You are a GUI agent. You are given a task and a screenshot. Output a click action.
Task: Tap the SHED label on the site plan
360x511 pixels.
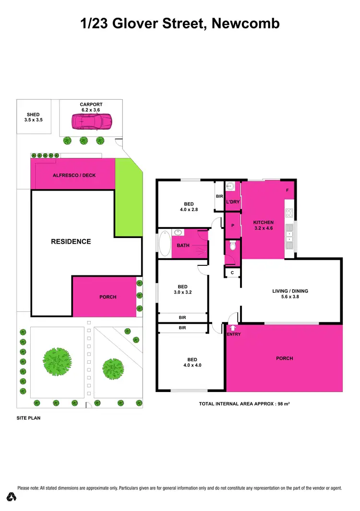click(x=34, y=115)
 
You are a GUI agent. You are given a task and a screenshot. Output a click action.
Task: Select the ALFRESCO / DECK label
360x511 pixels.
click(x=74, y=175)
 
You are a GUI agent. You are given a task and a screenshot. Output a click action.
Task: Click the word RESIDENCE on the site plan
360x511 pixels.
click(x=71, y=241)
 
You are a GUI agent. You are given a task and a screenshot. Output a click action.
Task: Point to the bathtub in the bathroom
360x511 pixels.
click(x=164, y=244)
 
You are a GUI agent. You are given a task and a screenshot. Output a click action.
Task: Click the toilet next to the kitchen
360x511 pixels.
click(x=233, y=246)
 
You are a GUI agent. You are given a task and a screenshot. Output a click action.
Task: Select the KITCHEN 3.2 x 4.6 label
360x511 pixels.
click(x=264, y=226)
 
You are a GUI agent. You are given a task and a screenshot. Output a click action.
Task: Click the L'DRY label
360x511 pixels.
click(x=233, y=202)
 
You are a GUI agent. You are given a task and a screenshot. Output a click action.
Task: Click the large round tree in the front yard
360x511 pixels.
click(x=57, y=359)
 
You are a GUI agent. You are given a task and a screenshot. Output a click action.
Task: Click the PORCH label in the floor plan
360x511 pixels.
click(x=284, y=358)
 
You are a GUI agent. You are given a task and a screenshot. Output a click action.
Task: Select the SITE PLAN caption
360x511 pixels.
click(x=28, y=418)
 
